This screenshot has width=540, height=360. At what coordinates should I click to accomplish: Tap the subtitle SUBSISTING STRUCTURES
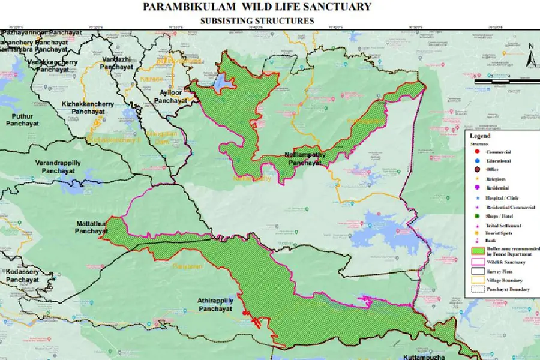(257, 20)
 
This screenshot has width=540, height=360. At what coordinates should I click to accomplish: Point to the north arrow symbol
(530, 56)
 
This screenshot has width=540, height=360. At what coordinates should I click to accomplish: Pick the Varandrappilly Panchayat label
(58, 167)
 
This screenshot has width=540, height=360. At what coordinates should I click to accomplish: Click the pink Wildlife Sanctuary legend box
(478, 262)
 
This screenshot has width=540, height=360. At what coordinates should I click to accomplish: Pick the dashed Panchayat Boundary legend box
(478, 289)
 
